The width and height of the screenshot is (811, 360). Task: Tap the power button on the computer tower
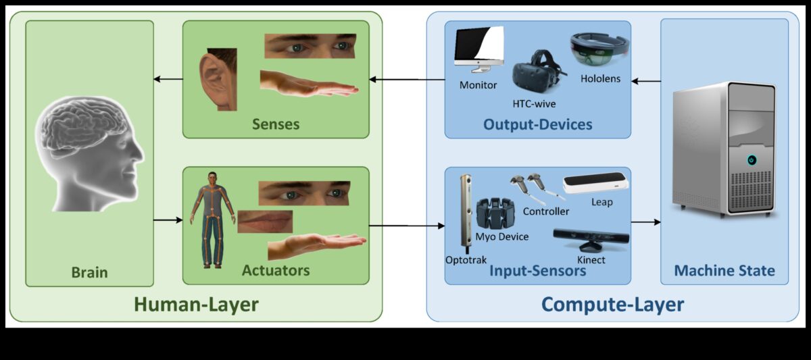(x=751, y=160)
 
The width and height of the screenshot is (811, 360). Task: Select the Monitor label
(x=478, y=85)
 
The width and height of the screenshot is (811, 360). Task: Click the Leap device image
(x=596, y=184)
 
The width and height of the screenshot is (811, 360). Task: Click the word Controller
(x=546, y=211)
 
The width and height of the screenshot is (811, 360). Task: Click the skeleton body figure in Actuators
(x=211, y=217)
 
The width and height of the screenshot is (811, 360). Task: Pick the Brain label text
(x=89, y=273)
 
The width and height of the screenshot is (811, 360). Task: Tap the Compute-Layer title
(x=612, y=305)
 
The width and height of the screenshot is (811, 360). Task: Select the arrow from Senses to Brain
(x=168, y=80)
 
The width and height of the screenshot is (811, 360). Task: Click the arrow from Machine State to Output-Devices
(x=645, y=81)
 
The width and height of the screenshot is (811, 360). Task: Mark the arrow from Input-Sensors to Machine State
(x=645, y=221)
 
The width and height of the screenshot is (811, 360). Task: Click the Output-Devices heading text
(x=537, y=124)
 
